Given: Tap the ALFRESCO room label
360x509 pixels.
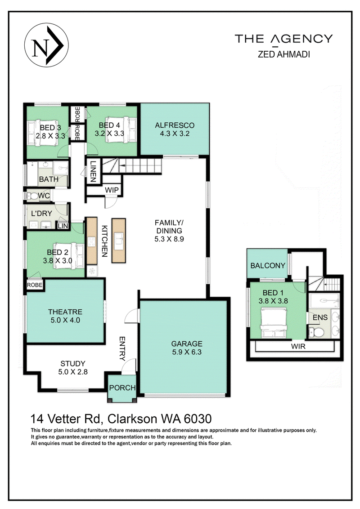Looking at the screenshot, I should (175, 125).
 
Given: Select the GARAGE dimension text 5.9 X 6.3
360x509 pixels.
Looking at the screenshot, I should (184, 352).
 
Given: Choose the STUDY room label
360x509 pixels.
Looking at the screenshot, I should (73, 363).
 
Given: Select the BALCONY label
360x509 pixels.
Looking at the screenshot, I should (268, 265).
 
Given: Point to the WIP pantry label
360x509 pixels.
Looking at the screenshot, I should (112, 190).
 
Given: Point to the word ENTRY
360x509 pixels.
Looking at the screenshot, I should (122, 349).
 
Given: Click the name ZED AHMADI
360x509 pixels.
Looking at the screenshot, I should (283, 55).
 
